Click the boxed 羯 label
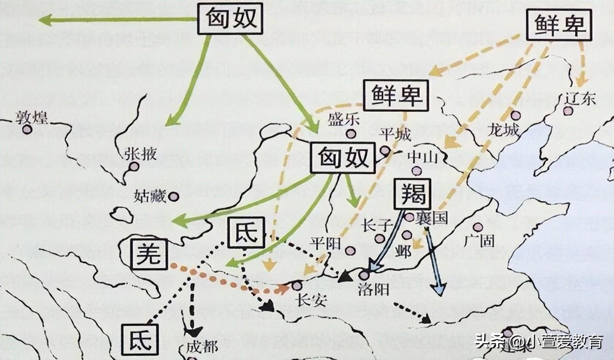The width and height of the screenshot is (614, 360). (411, 194)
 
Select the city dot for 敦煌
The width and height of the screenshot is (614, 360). (27, 129)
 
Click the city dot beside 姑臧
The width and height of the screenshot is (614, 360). (174, 196)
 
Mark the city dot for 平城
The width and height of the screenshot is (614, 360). (385, 151)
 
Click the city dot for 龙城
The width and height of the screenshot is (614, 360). (516, 115)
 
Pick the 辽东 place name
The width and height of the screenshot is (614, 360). (580, 98)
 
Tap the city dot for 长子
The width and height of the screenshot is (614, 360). (380, 239)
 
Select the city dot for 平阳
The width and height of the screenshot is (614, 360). (350, 251)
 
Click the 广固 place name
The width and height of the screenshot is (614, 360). (479, 240)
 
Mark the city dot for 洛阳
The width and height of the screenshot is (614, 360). (364, 276)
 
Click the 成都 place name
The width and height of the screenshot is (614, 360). (201, 347)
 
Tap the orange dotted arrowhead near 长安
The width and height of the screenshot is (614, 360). (283, 289)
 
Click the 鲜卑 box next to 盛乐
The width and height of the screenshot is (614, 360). (396, 96)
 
